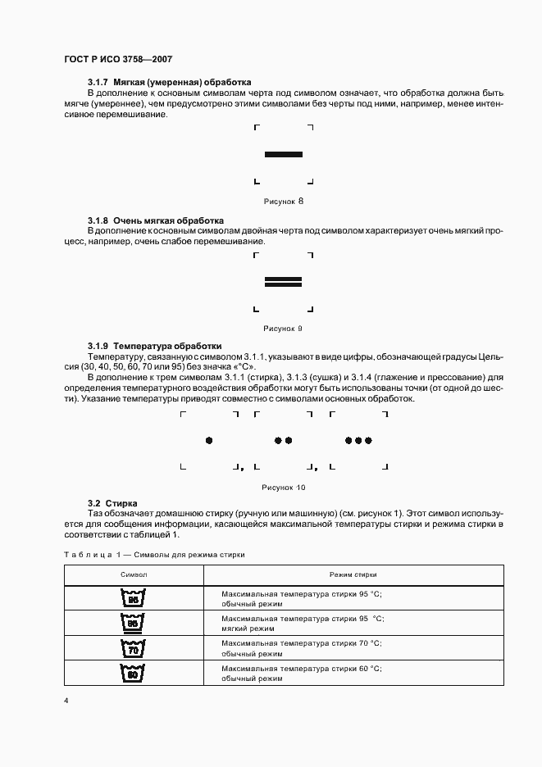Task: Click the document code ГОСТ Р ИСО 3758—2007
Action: click(x=118, y=60)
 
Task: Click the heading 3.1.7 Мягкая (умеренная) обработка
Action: click(x=169, y=83)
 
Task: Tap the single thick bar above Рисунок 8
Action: click(x=284, y=154)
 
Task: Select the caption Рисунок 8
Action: click(x=284, y=201)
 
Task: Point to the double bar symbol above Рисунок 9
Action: click(x=284, y=282)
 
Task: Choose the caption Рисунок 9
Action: click(x=284, y=328)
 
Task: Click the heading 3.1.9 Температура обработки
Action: click(x=154, y=346)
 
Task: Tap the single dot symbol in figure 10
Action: click(x=209, y=440)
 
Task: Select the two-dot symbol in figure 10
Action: click(x=283, y=440)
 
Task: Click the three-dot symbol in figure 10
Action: click(x=358, y=440)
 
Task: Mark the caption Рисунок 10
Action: click(x=284, y=487)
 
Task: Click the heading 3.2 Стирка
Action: click(x=112, y=502)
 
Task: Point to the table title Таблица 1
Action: click(x=154, y=555)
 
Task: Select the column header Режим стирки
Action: click(x=353, y=575)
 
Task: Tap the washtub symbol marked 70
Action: click(x=132, y=650)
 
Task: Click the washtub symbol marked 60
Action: click(x=132, y=674)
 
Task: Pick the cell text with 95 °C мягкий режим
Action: click(x=302, y=624)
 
